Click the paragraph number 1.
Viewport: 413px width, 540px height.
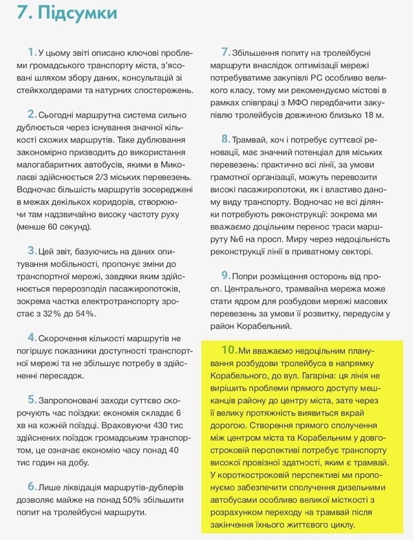[x=31, y=52]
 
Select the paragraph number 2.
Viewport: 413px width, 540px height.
[x=31, y=114]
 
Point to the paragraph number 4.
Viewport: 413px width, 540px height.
[x=31, y=338]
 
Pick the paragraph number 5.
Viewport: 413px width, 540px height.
[x=31, y=400]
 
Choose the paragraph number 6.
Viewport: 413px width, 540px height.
[x=31, y=486]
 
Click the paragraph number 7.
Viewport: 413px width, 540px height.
[x=225, y=52]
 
